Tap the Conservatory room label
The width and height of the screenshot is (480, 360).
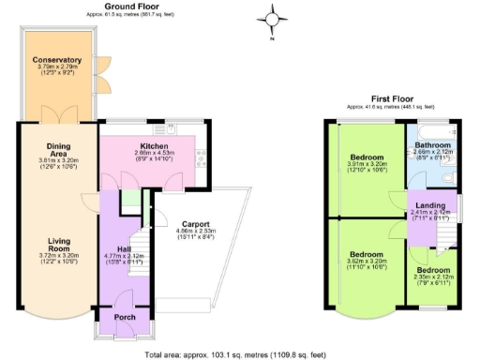pyautogui.click(x=57, y=61)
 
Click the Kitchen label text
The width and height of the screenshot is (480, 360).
pyautogui.click(x=153, y=147)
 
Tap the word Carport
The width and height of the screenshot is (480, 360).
pyautogui.click(x=195, y=224)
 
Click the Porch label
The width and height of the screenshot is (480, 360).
pyautogui.click(x=124, y=316)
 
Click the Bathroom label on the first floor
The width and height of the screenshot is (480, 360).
pyautogui.click(x=433, y=146)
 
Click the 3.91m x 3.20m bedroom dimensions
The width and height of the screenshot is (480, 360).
pyautogui.click(x=366, y=164)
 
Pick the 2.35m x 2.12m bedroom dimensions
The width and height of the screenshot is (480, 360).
pyautogui.click(x=433, y=277)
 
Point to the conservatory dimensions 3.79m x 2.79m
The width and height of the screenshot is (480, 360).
pyautogui.click(x=57, y=68)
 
